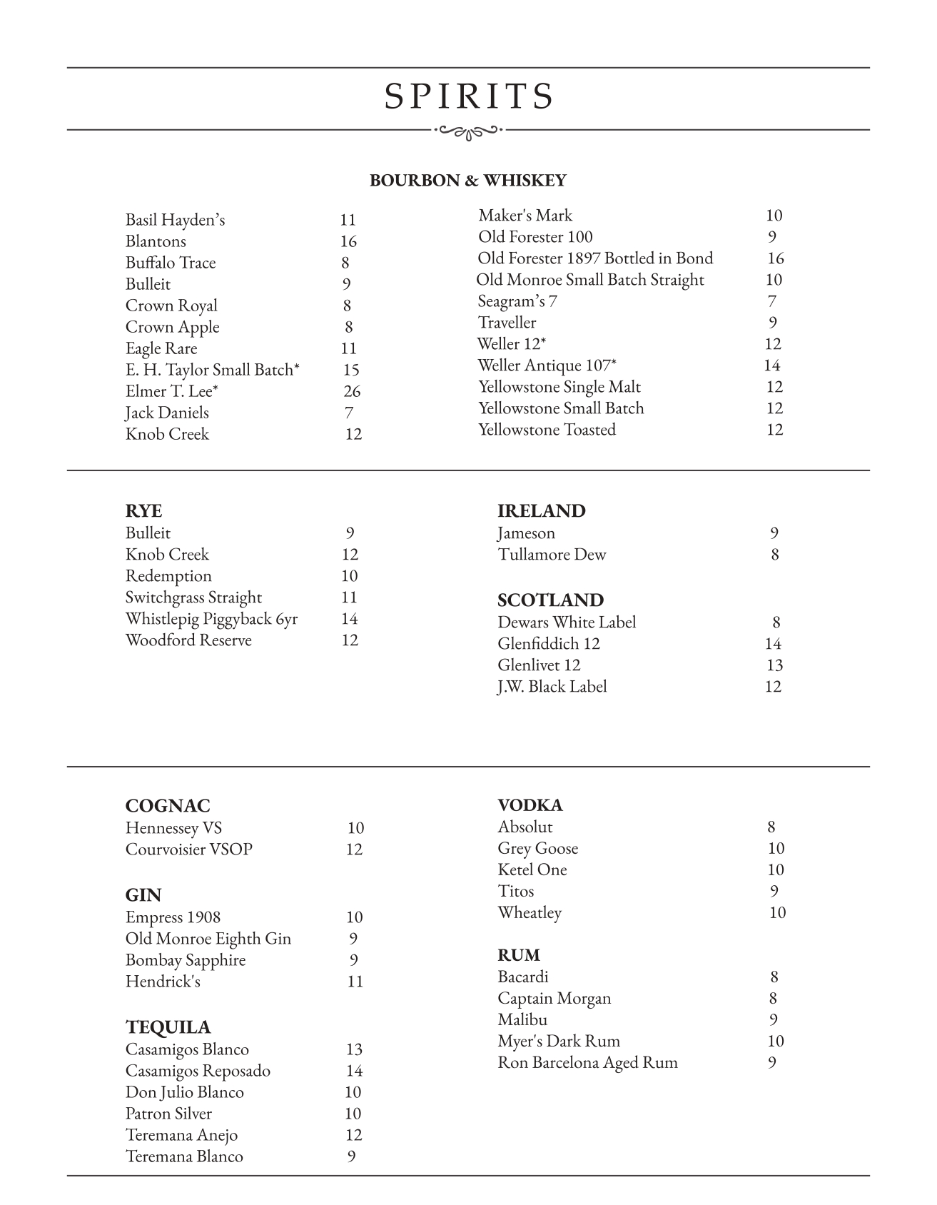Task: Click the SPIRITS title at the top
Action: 469,96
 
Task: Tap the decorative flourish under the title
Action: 468,131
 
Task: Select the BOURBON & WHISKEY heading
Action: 467,181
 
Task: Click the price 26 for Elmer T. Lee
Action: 352,391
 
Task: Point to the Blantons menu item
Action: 156,241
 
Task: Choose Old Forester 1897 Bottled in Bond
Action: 595,258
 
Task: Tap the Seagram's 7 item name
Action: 517,301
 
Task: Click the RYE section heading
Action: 143,511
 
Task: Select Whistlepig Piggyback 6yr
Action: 211,619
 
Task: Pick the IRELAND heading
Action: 541,511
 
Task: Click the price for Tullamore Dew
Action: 774,555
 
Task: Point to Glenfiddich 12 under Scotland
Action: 549,644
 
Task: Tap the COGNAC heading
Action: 168,806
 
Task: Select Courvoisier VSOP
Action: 189,849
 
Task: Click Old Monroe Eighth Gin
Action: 208,939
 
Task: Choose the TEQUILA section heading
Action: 168,1027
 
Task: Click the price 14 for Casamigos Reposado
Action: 354,1071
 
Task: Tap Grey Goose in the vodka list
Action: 538,848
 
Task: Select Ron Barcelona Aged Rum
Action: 587,1062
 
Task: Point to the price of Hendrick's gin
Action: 355,982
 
